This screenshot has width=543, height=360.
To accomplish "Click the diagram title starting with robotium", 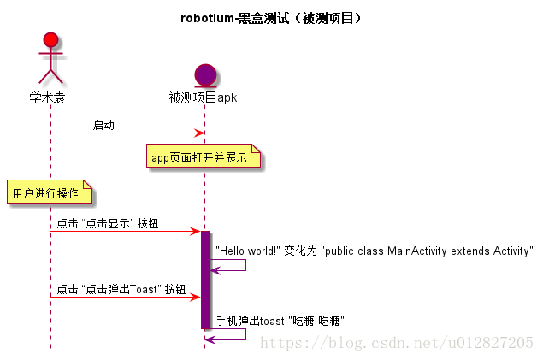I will click(x=270, y=17).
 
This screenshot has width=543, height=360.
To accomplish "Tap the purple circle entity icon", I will click(x=205, y=75).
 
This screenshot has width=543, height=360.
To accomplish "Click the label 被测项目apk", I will click(x=204, y=97).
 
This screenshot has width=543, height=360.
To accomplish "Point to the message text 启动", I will click(x=103, y=126).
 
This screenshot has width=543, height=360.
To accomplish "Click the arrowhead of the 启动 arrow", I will click(x=199, y=133).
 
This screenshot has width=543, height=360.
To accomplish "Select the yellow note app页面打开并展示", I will click(x=203, y=157).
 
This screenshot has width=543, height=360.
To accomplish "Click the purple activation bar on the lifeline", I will click(x=205, y=279).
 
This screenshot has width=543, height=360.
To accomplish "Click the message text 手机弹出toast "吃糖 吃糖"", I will click(x=280, y=322).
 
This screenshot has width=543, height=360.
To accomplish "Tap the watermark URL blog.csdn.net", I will click(x=396, y=343).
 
